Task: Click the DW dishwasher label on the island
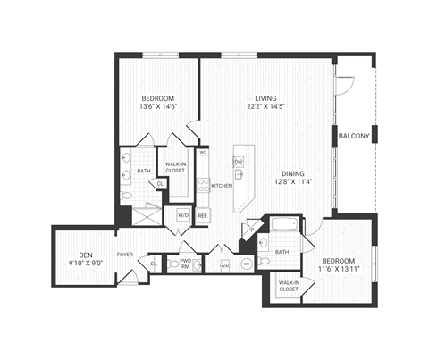239,162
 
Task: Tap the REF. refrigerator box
203,215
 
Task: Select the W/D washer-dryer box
183,215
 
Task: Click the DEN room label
86,255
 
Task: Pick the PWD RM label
185,263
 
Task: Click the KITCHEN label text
222,186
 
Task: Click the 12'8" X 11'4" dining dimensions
290,182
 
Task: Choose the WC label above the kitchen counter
203,153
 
